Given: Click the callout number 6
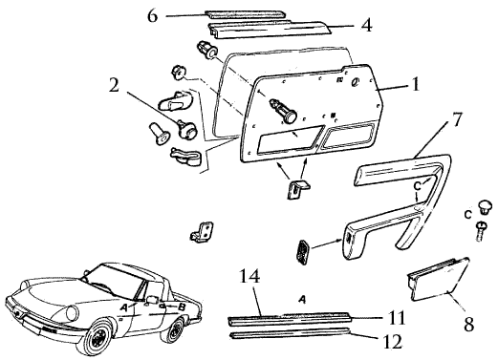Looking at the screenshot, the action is coord(153,16).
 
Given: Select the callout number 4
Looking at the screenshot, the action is coord(367,25).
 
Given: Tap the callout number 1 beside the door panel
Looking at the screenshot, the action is coord(416,84).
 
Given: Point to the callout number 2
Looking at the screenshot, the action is coord(114,85).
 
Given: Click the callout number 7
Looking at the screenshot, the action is coord(456,120).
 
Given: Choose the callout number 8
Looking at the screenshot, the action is coord(468,325).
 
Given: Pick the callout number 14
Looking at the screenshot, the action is coord(249,276).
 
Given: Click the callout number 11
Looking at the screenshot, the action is coord(396,318).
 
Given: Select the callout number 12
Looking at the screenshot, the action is coord(392,342).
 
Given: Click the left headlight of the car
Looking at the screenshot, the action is coord(73,313).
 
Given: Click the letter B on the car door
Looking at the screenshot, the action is coord(182,307).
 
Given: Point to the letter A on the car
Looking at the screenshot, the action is coord(124,307).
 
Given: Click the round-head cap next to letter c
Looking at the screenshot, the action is coord(485,206).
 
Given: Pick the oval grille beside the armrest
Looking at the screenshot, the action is coord(303,252).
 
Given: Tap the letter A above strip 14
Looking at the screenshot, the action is coord(303,299).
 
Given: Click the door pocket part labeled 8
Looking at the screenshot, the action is coord(438,279).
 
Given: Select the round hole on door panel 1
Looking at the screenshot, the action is coord(356,82).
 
